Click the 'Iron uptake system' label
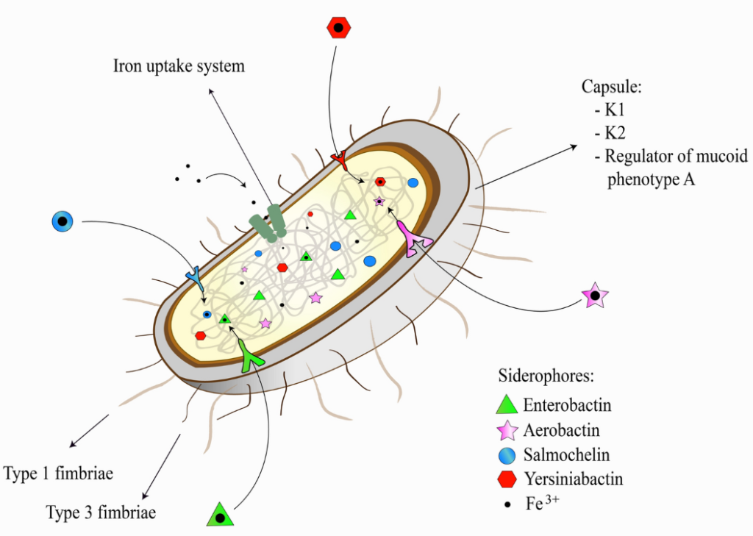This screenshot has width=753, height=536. tap(179, 66)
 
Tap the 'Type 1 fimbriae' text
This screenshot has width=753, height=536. tap(58, 473)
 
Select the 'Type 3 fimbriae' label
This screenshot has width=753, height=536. tap(101, 512)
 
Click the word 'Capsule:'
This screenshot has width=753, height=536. tap(612, 87)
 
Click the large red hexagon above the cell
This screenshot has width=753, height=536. tap(338, 28)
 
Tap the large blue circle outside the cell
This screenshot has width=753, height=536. tap(63, 221)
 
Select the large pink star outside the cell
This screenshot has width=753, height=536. tap(595, 296)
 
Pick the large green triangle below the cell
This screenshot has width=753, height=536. tap(220, 515)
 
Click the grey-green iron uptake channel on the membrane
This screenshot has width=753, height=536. tap(268, 223)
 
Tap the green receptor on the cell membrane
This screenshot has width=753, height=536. tap(253, 357)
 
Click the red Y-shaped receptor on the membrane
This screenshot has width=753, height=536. tap(339, 158)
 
